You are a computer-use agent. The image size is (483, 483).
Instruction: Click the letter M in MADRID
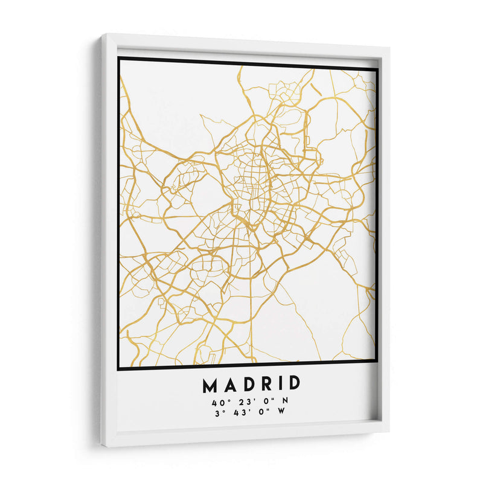pyautogui.click(x=210, y=385)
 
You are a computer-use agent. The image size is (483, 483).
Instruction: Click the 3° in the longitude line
pyautogui.click(x=219, y=414)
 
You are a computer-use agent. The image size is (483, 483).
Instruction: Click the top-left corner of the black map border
pyautogui.click(x=118, y=58)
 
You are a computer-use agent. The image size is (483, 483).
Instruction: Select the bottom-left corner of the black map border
pyautogui.click(x=118, y=369)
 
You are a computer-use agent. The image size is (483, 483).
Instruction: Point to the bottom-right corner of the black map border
pyautogui.click(x=377, y=362)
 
